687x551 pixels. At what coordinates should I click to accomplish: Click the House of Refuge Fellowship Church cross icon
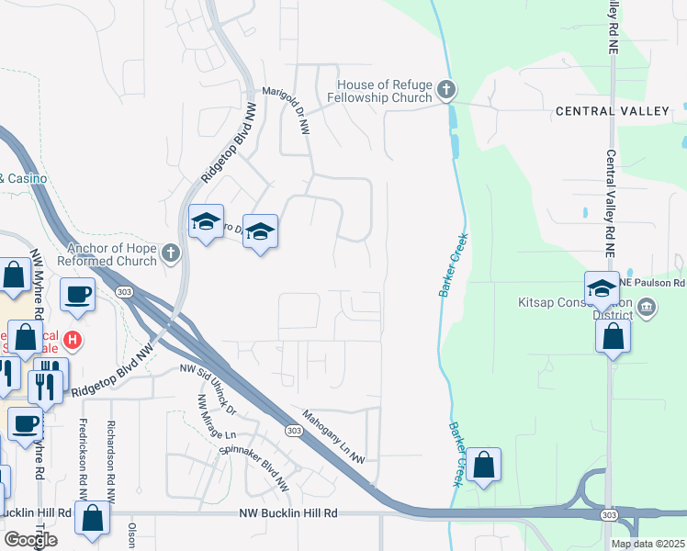[446, 89]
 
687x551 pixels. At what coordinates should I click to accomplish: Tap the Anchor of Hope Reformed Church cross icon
[170, 253]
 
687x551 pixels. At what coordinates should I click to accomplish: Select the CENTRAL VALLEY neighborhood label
[613, 111]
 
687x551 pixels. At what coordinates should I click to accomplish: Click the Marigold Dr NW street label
[287, 109]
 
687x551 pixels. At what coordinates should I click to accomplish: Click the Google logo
[29, 540]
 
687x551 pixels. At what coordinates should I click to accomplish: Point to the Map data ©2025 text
[648, 544]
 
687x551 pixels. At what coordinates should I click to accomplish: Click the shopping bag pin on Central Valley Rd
[613, 336]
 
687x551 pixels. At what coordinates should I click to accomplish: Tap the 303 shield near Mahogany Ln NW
[293, 431]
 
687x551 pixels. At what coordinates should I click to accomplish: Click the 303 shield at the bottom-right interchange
[610, 515]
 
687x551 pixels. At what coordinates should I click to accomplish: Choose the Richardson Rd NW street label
[110, 449]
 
